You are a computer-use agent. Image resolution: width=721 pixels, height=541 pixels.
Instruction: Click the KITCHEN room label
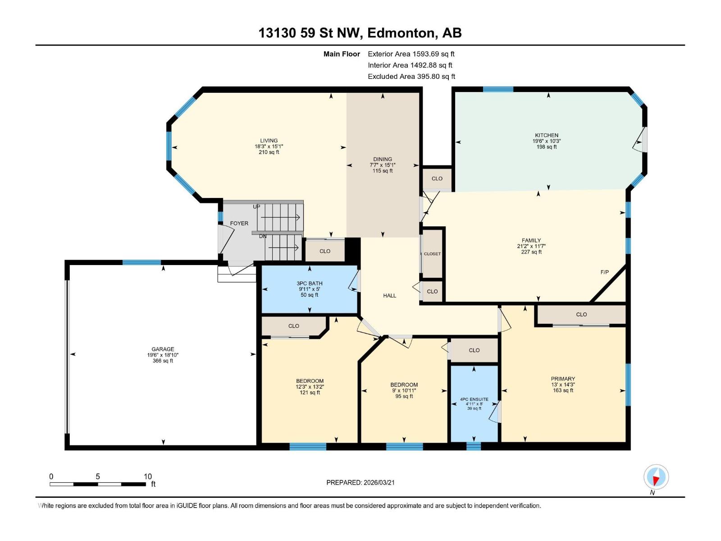pos(546,135)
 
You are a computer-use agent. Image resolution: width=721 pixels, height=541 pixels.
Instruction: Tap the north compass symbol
pos(656,477)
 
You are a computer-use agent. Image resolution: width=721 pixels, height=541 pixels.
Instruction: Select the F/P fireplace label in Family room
pos(604,272)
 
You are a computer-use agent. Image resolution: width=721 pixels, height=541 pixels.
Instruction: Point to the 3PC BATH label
pos(310,284)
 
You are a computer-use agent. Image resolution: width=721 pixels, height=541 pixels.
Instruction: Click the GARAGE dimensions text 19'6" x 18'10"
pos(163,355)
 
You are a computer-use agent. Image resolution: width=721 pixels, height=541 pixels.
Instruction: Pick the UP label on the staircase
pos(256,207)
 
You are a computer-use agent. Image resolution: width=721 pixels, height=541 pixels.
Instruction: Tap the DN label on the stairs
pos(263,236)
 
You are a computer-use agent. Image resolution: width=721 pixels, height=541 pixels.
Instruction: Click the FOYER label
pos(239,223)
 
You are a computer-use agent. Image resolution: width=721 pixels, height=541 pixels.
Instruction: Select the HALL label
pos(389,296)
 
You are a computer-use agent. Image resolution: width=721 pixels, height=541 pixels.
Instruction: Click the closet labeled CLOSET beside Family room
pos(432,254)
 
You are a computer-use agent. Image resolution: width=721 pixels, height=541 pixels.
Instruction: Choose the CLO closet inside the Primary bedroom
pos(581,314)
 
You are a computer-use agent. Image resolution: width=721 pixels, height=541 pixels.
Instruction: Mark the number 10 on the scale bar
pos(147,477)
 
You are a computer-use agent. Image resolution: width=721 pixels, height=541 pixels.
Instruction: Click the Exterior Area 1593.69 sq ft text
pos(411,54)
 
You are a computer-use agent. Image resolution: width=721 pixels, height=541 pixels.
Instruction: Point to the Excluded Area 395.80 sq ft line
pos(411,76)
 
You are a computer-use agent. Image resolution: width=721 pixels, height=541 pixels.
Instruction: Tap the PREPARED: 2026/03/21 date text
pos(360,482)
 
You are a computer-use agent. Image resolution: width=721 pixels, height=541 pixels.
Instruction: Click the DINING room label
pos(382,159)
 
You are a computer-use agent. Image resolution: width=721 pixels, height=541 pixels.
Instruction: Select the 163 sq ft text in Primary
pos(563,390)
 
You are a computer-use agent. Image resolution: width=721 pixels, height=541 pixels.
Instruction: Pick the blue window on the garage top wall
pos(141,262)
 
